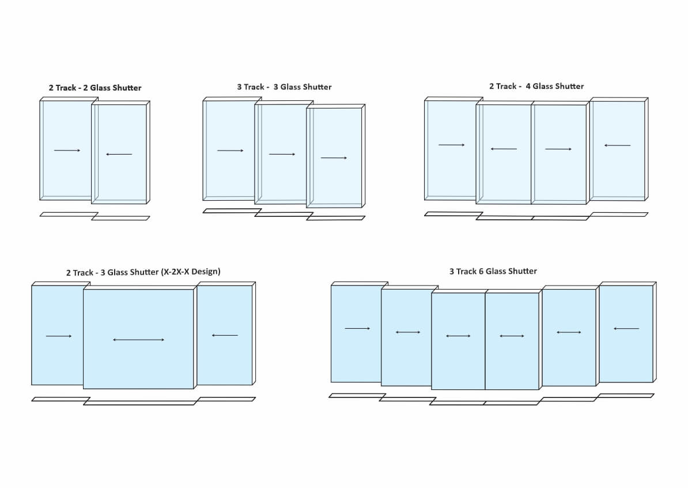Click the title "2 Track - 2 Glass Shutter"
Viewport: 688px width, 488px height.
(95, 88)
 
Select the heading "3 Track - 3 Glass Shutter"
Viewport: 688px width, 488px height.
(284, 87)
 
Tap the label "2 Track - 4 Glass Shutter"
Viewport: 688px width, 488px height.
(536, 86)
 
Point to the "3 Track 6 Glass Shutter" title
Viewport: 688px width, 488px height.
(493, 271)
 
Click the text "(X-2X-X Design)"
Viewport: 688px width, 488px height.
(191, 272)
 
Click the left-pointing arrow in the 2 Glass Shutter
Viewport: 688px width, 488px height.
(119, 154)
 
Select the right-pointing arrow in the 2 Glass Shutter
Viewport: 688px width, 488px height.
(67, 151)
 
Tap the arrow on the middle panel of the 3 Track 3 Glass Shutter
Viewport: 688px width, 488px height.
(282, 154)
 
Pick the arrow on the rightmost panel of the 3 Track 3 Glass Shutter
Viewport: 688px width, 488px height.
(334, 157)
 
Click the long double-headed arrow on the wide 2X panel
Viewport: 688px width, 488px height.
(139, 340)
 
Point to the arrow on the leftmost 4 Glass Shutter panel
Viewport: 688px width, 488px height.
(452, 145)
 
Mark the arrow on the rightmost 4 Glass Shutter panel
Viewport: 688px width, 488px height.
(618, 145)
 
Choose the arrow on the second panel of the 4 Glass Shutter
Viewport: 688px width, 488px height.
(504, 149)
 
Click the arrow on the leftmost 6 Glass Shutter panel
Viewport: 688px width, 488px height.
(357, 329)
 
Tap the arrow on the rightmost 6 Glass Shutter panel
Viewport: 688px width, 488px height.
(626, 329)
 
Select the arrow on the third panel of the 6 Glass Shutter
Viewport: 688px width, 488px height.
(458, 336)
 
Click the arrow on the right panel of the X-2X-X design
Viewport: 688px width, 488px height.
(225, 335)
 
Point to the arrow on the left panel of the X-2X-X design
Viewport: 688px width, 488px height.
(59, 336)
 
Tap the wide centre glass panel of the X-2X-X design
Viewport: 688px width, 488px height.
(138, 363)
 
